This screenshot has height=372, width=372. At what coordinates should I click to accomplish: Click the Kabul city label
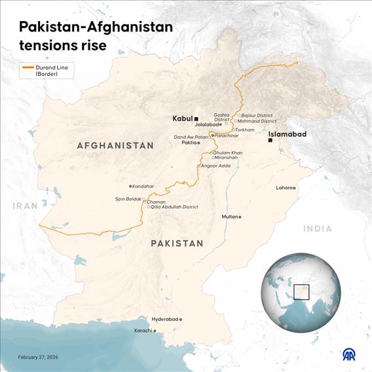(x=182, y=119)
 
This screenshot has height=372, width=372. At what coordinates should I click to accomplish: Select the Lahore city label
(x=284, y=188)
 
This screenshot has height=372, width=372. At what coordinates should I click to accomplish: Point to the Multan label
(x=229, y=217)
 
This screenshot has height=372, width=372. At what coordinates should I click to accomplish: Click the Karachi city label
(x=143, y=331)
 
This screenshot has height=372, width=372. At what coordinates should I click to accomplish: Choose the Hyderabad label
(x=164, y=319)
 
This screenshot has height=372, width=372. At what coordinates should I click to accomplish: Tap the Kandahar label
(x=144, y=186)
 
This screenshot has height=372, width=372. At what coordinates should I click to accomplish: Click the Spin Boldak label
(x=128, y=198)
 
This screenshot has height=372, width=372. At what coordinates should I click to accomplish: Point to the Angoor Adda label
(x=215, y=166)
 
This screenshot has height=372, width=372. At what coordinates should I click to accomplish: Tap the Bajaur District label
(x=257, y=115)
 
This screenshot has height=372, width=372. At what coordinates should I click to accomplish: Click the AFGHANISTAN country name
(x=115, y=145)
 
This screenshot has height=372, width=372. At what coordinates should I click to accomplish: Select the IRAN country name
(x=25, y=206)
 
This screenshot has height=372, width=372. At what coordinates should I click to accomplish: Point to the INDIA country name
(x=317, y=229)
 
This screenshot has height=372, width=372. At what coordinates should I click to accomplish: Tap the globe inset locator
(x=300, y=293)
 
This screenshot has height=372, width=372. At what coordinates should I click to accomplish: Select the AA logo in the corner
(x=351, y=354)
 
